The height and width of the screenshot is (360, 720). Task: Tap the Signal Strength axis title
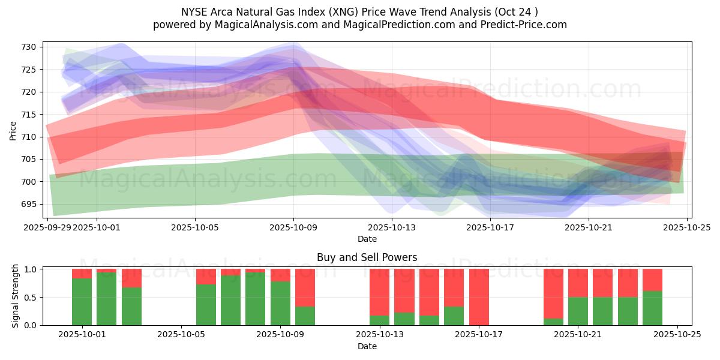[16, 296]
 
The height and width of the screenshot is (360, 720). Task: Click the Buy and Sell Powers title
[367, 257]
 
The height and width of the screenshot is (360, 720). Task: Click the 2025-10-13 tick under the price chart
[392, 227]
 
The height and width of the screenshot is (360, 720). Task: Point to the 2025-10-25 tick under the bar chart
[677, 335]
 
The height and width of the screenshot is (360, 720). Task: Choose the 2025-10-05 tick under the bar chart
[181, 335]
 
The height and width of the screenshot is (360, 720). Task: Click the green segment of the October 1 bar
[82, 302]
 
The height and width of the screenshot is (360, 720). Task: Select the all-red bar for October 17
[479, 297]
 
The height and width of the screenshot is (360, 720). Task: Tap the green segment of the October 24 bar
[652, 308]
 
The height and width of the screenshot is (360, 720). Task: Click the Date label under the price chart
[367, 239]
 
